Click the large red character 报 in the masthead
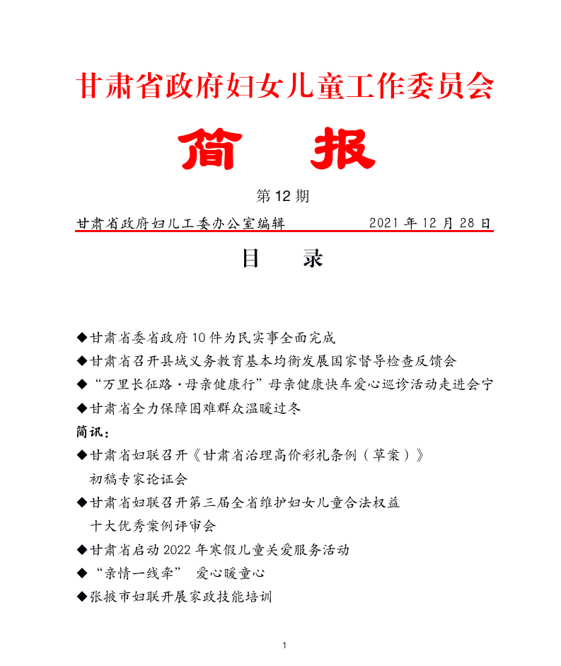click(x=344, y=149)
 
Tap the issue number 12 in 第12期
click(x=281, y=196)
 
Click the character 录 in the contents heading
click(x=313, y=258)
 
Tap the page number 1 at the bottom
click(x=284, y=645)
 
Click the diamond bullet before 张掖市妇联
click(x=81, y=597)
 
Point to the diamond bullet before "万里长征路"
click(x=81, y=384)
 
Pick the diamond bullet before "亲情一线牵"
click(x=81, y=573)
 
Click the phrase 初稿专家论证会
click(x=139, y=479)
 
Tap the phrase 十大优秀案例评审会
click(x=153, y=526)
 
